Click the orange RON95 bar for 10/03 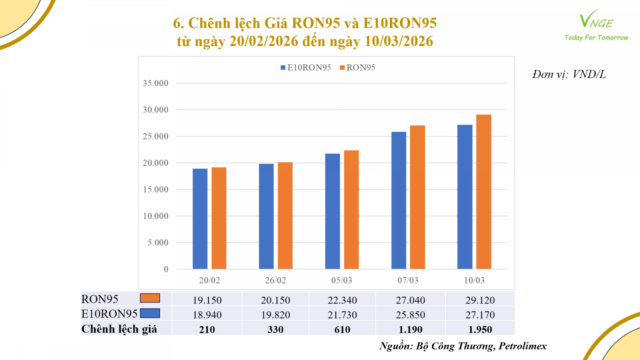[x=484, y=192]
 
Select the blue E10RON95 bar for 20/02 [x=200, y=219]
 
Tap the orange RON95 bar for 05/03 [x=351, y=210]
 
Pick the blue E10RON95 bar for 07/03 [x=399, y=200]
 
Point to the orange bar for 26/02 [x=285, y=216]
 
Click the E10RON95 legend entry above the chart [x=306, y=68]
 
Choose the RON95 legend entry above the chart [x=358, y=68]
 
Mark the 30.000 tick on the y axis [x=156, y=110]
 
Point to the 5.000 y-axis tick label [x=158, y=242]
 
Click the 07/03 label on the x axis [x=408, y=280]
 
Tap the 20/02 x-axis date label [x=210, y=280]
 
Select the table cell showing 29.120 [x=480, y=300]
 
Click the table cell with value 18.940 [x=207, y=315]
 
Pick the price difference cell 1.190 [x=410, y=330]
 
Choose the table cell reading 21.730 [x=342, y=315]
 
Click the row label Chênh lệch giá [x=119, y=329]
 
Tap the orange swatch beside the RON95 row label [x=150, y=298]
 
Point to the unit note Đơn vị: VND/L [x=569, y=74]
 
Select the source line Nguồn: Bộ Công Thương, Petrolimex [x=463, y=346]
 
